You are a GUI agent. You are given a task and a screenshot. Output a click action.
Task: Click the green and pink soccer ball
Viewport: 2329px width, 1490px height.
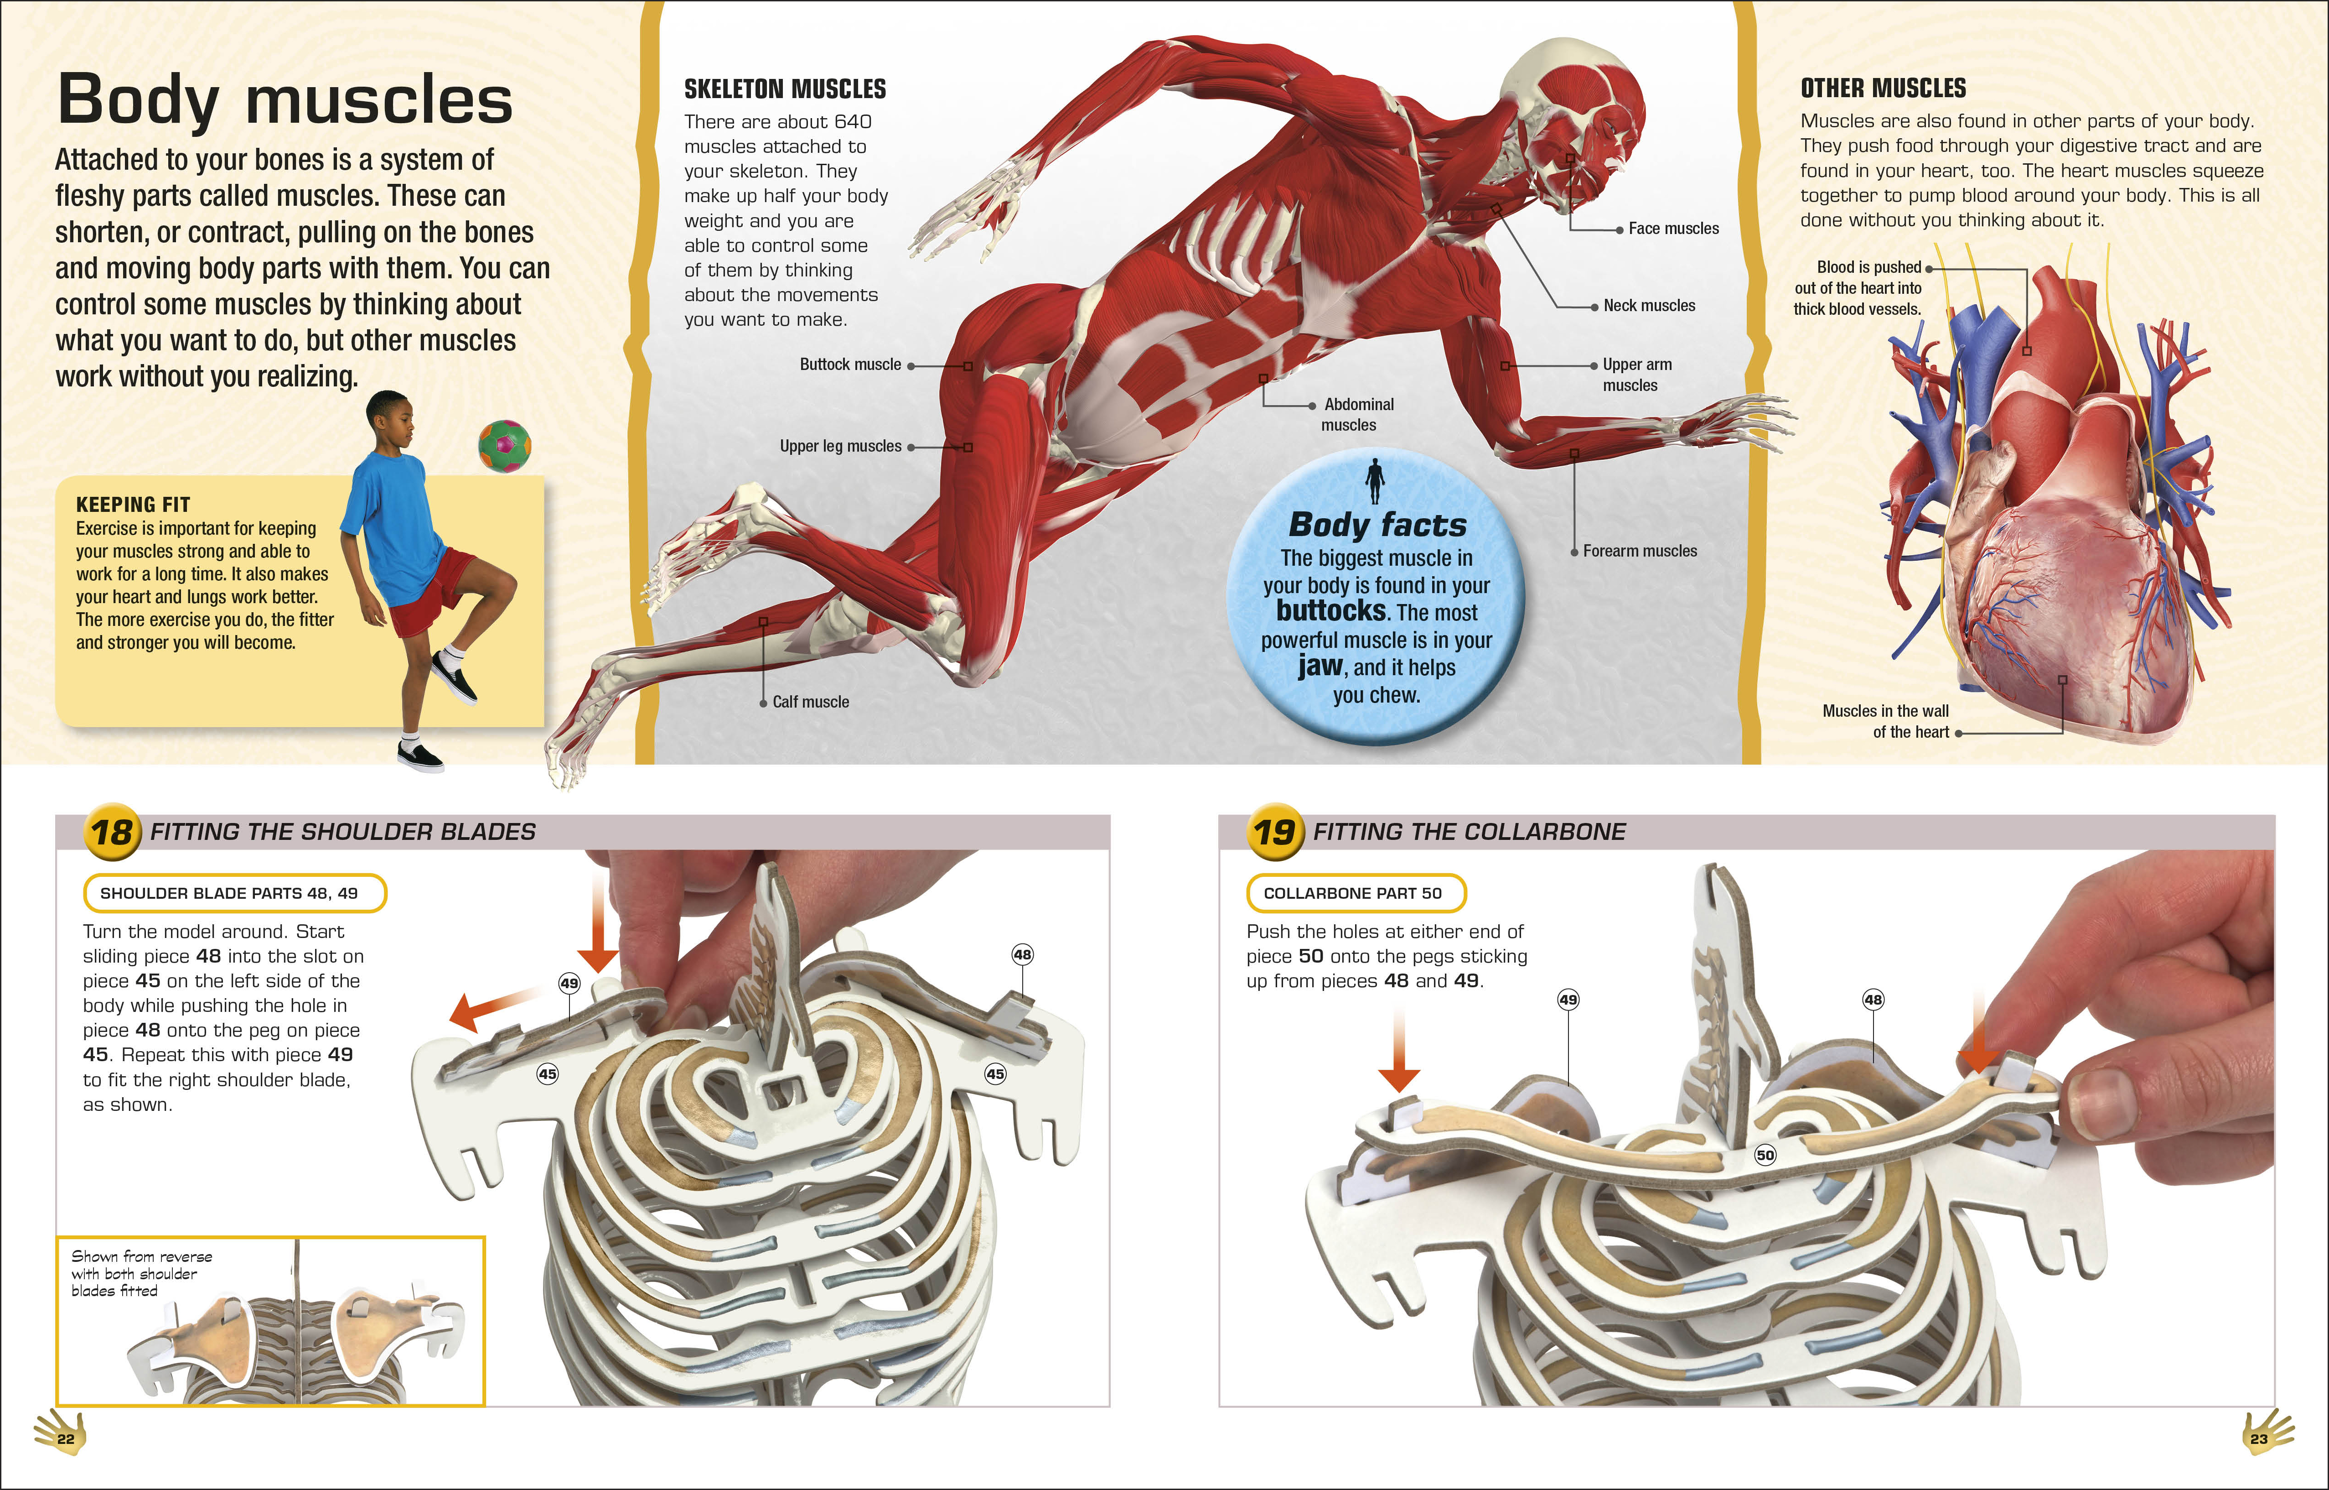point(505,446)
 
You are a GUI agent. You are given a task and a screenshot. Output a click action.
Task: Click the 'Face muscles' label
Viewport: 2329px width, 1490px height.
point(1673,229)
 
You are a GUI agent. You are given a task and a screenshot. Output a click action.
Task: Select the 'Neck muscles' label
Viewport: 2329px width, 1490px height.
point(1649,306)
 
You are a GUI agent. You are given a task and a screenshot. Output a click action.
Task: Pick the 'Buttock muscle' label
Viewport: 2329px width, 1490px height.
point(850,365)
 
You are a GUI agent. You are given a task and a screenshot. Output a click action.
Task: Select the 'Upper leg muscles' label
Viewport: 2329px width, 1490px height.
point(840,446)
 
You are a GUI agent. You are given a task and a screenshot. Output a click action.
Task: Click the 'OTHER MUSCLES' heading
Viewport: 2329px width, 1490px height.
point(1883,88)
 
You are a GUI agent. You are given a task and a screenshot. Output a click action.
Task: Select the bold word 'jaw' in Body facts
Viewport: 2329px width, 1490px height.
point(1320,666)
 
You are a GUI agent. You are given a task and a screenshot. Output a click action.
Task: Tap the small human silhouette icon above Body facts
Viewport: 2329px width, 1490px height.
point(1374,481)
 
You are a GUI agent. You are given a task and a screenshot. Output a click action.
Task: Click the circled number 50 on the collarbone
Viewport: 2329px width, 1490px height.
point(1765,1154)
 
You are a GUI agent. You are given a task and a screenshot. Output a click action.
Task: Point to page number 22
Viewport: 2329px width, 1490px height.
point(65,1439)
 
